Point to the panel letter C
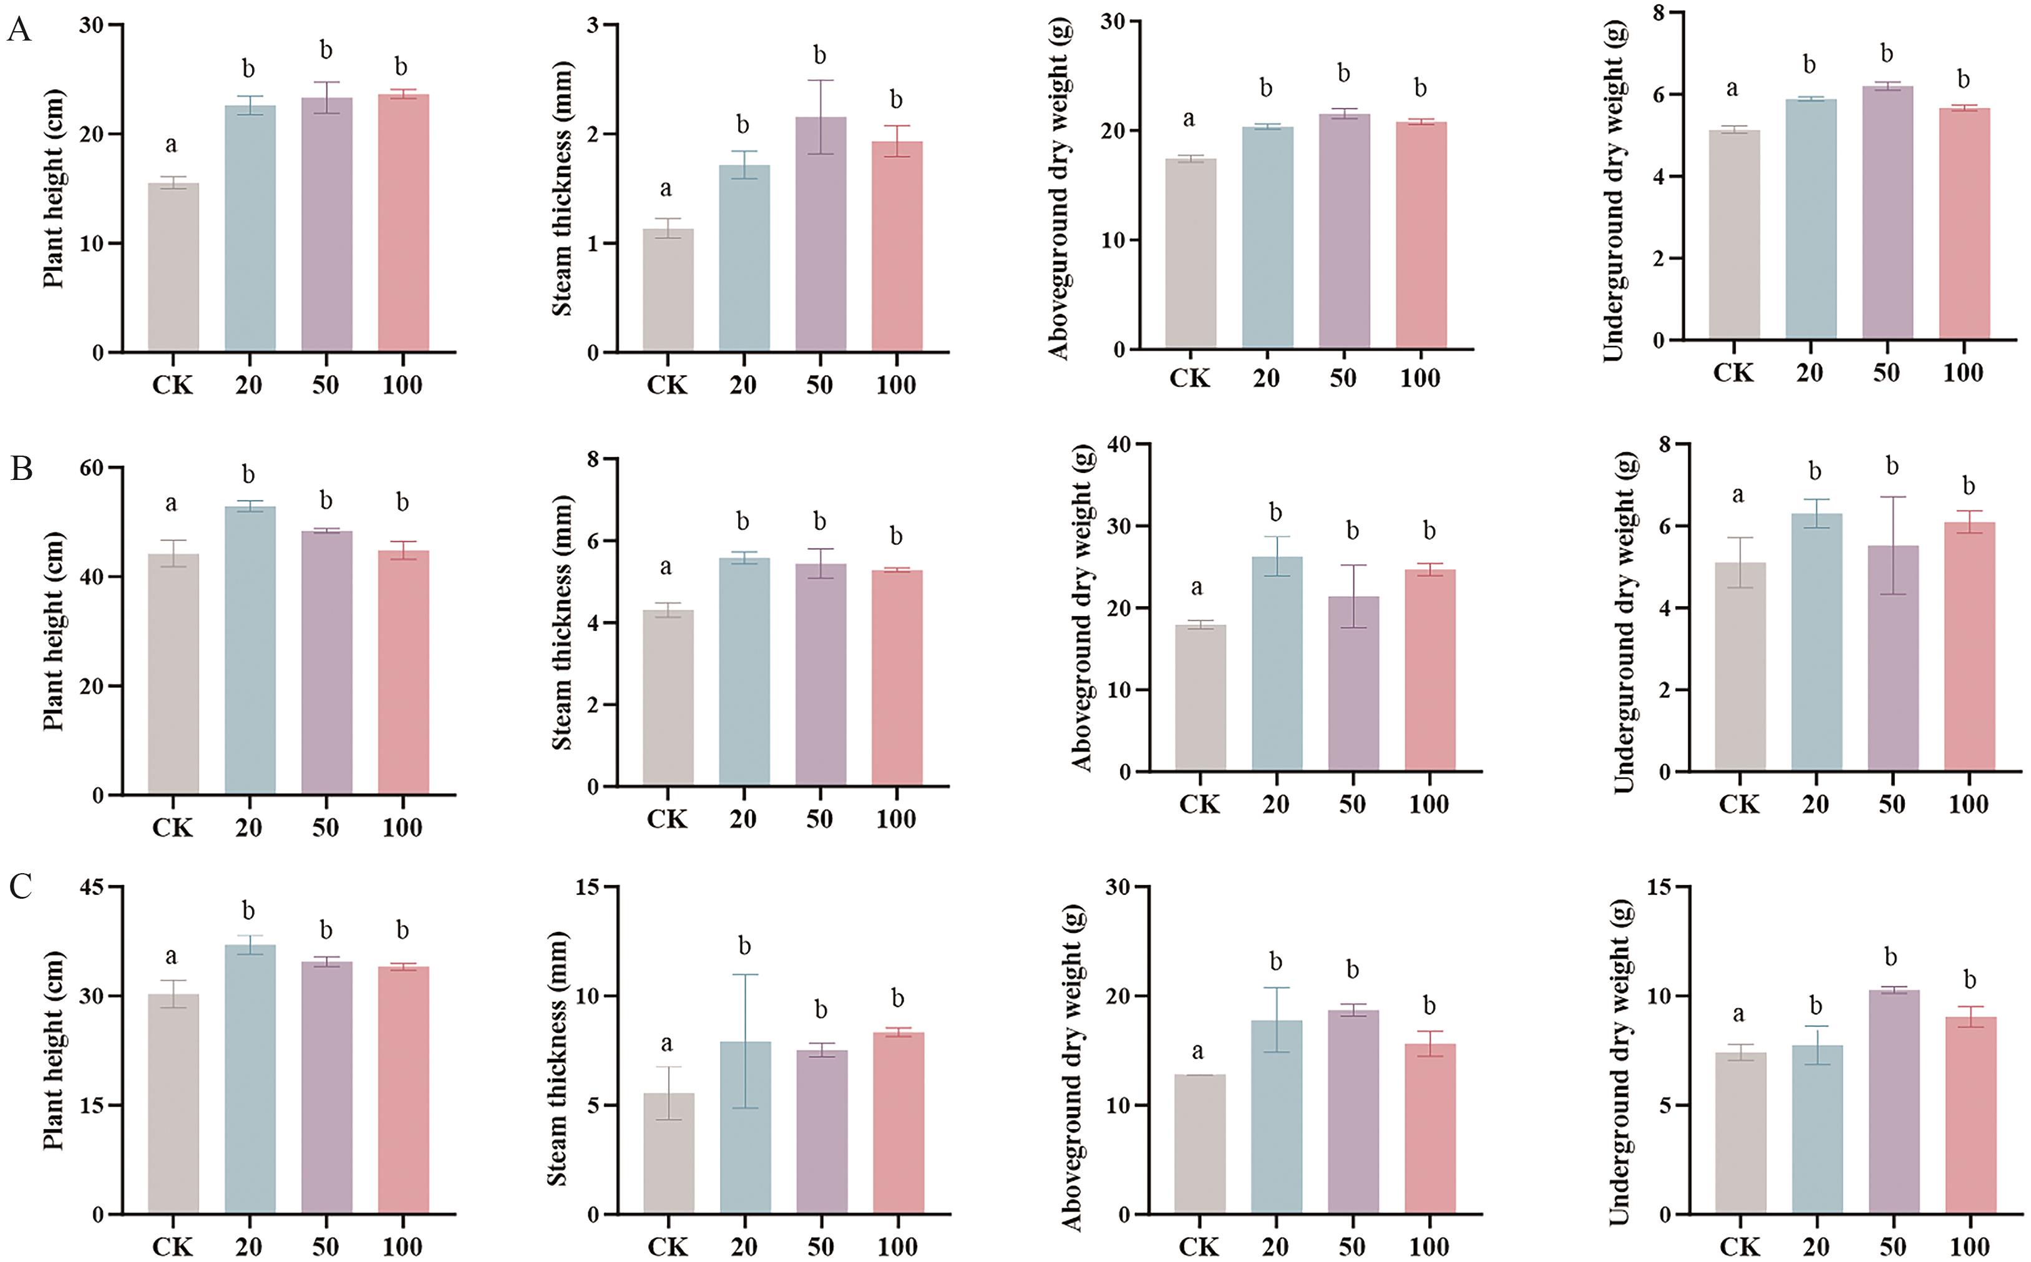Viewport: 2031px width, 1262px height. tap(21, 886)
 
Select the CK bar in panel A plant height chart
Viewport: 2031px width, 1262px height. tap(173, 267)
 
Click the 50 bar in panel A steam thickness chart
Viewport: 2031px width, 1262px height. tap(821, 233)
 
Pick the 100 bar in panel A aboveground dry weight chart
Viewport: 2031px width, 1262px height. tap(1420, 235)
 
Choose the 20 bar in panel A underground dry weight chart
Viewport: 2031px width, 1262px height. tap(1811, 218)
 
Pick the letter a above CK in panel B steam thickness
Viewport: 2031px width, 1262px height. tap(666, 567)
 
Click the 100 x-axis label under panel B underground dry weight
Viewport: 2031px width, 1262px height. tap(1969, 805)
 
